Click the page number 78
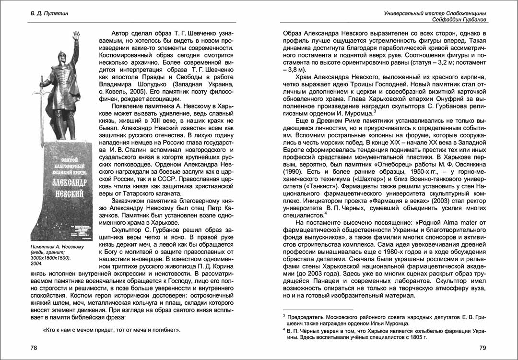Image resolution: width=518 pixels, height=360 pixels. tap(34, 348)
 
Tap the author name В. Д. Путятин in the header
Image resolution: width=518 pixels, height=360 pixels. tap(46, 13)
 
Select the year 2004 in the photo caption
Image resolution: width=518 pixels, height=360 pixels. tap(36, 264)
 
